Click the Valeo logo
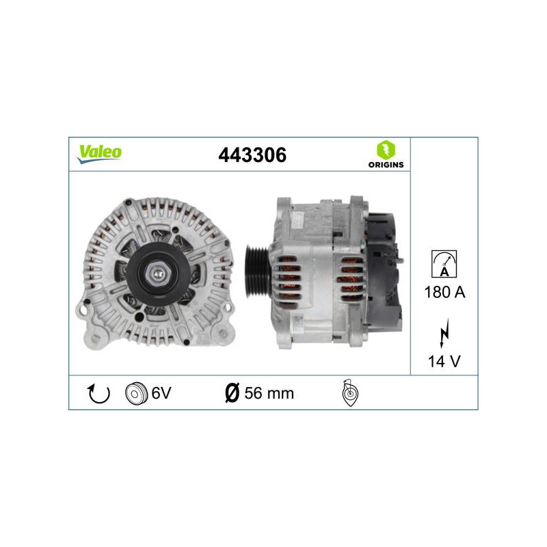click(99, 154)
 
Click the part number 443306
click(252, 155)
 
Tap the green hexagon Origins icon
click(386, 150)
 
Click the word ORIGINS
click(386, 165)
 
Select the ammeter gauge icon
click(444, 264)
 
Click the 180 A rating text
click(444, 292)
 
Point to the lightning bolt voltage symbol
click(444, 333)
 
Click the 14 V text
click(444, 362)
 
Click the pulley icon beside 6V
click(136, 394)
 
